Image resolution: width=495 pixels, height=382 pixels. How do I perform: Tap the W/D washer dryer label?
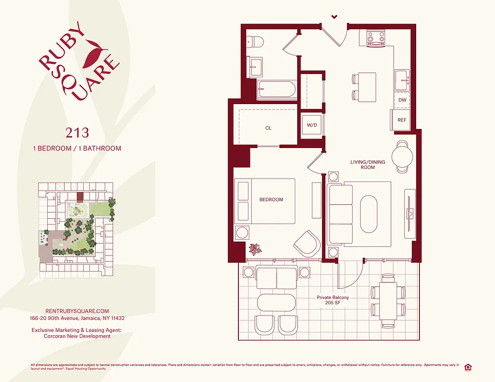[x=312, y=125]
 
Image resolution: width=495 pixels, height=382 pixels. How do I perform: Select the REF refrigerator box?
[x=402, y=120]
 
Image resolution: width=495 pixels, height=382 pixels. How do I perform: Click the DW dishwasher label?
[x=402, y=100]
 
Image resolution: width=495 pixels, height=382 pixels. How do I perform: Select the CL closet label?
[x=268, y=128]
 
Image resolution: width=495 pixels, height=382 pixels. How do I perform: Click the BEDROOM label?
[x=271, y=200]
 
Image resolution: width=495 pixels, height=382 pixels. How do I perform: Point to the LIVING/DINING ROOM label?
[x=368, y=165]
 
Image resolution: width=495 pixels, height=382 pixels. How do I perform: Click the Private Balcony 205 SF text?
[x=333, y=300]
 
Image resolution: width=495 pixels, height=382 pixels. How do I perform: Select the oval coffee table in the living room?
[x=368, y=213]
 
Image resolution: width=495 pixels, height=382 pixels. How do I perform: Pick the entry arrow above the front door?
[x=334, y=17]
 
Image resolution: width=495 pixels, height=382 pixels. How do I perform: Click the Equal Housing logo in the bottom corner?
[x=467, y=367]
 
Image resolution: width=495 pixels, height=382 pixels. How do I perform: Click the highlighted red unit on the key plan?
[x=80, y=196]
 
